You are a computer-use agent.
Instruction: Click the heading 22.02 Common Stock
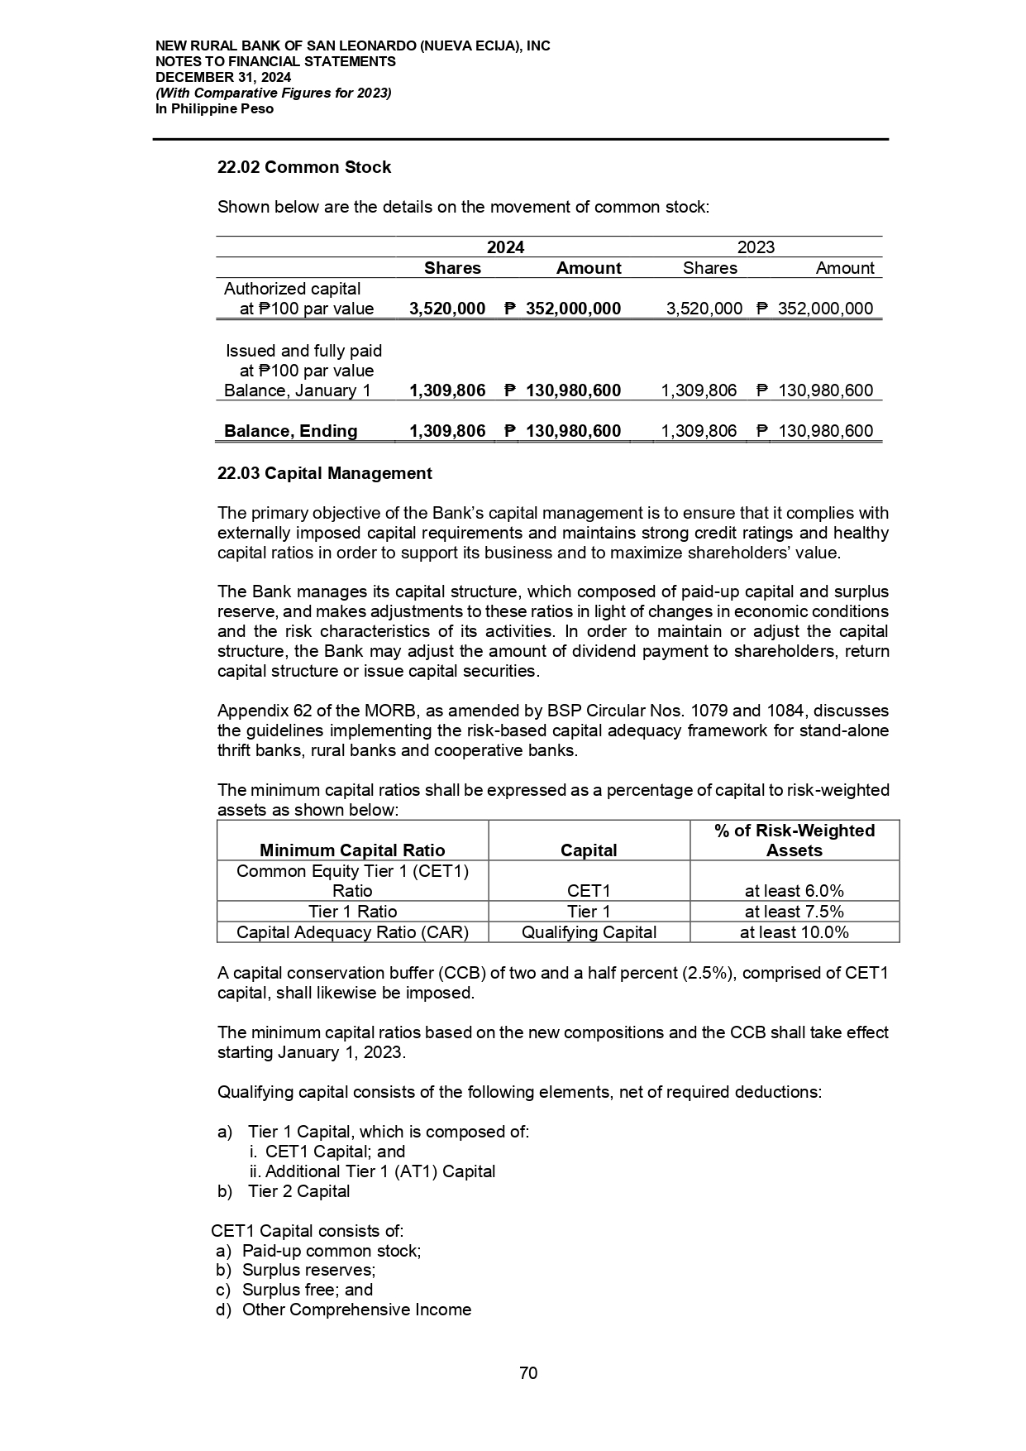303,167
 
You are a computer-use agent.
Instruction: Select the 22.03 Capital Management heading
324,473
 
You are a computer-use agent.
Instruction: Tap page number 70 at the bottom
528,1373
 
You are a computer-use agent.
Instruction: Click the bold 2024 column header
505,247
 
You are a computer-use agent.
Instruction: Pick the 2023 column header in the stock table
756,247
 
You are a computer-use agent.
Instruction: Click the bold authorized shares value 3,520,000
447,309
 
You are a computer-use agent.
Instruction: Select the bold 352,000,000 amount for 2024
573,309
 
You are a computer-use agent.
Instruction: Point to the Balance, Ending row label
291,431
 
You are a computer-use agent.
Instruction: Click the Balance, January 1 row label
298,390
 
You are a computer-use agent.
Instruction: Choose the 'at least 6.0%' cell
794,891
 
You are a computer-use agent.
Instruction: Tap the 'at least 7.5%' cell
794,912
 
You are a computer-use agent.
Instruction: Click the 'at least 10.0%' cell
794,932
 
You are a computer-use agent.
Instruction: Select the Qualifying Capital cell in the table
589,932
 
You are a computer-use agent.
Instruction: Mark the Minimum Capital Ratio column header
352,850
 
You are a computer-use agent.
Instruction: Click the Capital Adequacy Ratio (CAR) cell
352,932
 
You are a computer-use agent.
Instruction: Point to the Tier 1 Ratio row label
352,912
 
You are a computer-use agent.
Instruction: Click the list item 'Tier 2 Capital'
298,1191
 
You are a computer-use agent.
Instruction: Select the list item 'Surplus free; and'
307,1290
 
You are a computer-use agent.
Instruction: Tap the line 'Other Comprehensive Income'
356,1310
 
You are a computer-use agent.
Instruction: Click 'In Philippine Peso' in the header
214,109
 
